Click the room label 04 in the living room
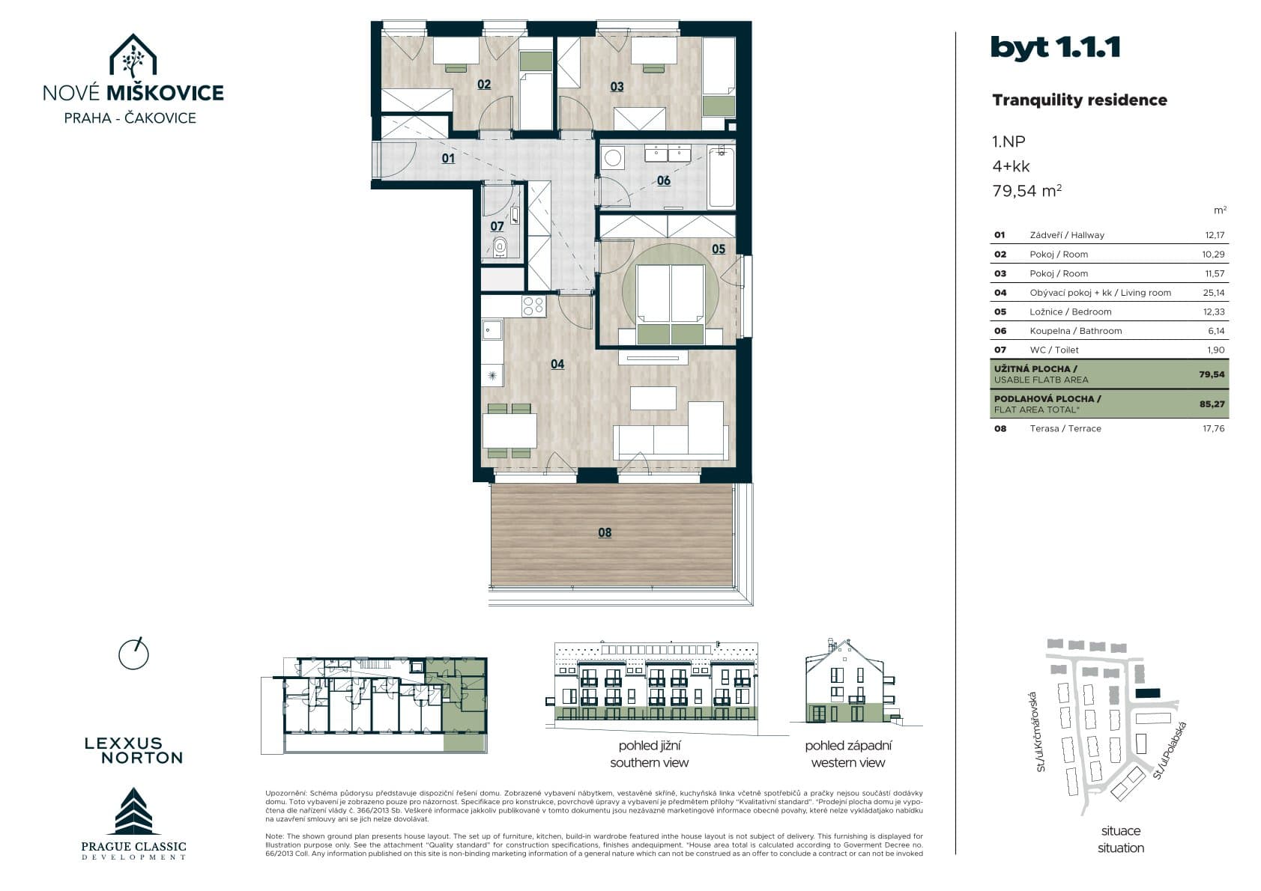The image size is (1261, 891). (557, 365)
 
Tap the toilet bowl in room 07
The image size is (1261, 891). (500, 247)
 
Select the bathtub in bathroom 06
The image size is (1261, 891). (721, 177)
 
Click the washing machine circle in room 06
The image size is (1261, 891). (612, 158)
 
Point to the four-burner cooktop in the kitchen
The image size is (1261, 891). (533, 306)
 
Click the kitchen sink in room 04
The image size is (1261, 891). (492, 329)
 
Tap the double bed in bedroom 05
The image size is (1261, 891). (671, 304)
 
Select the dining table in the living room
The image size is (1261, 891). (510, 431)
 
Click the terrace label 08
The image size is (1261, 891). (605, 532)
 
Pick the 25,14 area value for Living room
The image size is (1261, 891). (1213, 293)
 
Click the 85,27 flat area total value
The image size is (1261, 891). (1212, 404)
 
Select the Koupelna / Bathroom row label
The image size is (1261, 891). (1076, 331)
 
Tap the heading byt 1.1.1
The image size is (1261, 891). (1055, 48)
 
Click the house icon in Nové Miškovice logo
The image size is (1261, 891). (133, 55)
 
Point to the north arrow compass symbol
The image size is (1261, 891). (133, 654)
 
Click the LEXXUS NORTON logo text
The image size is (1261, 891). (134, 751)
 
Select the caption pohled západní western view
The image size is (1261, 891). (848, 754)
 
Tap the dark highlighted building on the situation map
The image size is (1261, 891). (1148, 693)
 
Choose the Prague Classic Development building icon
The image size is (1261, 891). (133, 811)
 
